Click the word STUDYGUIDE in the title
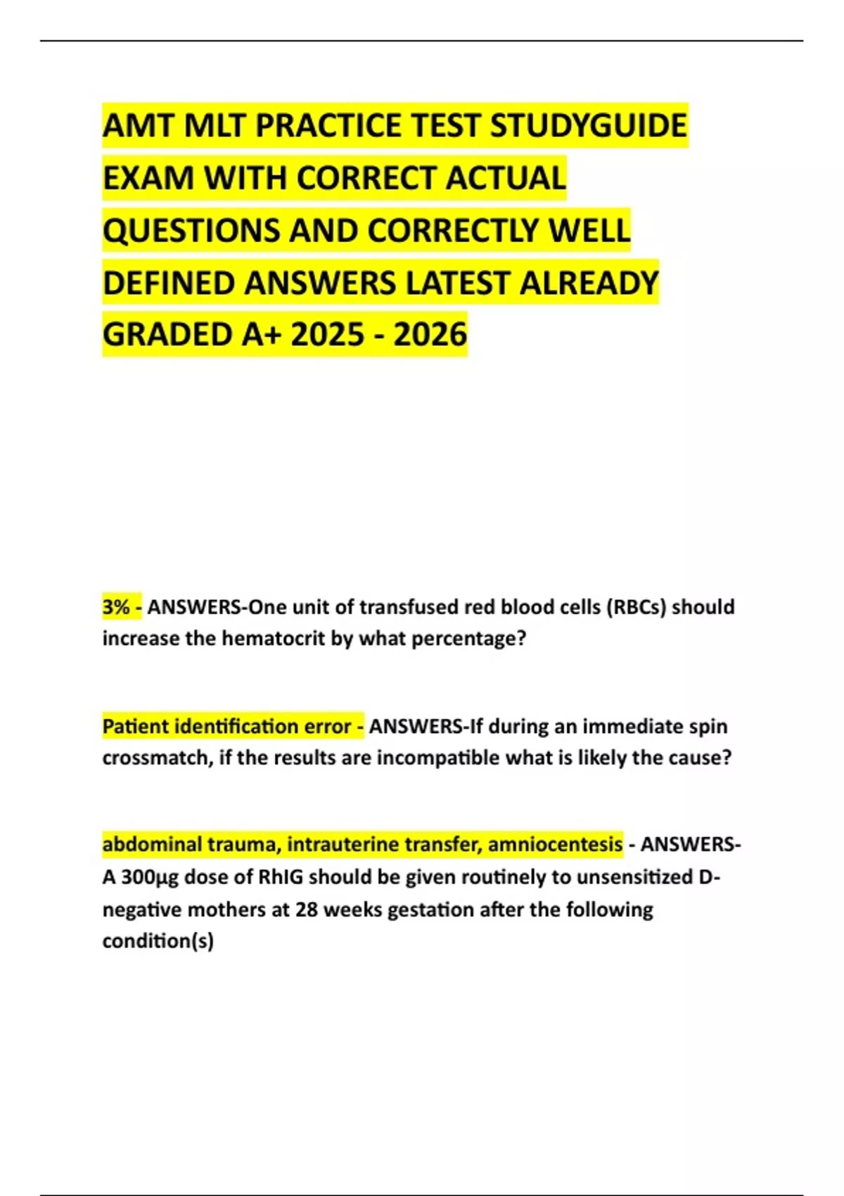pos(588,126)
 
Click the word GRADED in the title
pos(167,335)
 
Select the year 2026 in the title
pos(430,335)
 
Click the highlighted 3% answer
pos(116,606)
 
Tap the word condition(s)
pos(158,941)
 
